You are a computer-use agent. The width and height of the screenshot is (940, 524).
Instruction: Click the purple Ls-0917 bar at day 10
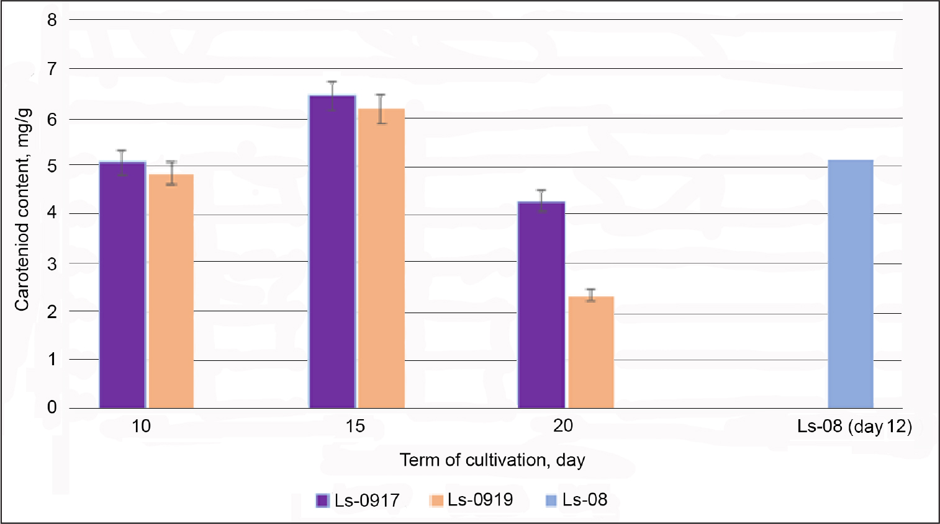coord(122,285)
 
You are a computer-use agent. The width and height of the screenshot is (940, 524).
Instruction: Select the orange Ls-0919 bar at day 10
coord(171,291)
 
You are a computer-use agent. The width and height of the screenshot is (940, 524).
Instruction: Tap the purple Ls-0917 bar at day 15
coord(332,251)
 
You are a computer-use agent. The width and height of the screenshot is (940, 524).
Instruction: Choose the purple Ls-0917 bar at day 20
coord(541,304)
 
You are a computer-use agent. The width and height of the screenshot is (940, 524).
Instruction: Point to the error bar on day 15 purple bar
coord(332,95)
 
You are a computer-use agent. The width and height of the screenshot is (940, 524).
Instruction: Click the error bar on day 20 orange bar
coord(590,295)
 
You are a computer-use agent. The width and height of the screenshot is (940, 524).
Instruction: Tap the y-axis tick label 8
coord(52,20)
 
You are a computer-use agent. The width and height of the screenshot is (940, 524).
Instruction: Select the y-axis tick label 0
coord(52,407)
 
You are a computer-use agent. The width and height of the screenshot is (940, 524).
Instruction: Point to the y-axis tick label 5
coord(52,166)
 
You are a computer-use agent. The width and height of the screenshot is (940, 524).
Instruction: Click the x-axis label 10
coord(141,426)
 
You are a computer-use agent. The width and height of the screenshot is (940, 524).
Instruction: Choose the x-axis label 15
coord(355,426)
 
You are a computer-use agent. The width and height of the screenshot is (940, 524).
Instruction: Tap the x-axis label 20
coord(563,426)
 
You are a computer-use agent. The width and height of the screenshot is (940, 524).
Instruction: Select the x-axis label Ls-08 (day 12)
coord(854,427)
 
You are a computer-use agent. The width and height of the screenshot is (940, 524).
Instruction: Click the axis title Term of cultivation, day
coord(492,460)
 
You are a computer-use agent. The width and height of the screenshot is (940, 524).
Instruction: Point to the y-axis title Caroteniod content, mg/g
coord(22,210)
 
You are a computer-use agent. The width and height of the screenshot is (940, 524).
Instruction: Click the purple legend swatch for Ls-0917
coord(322,500)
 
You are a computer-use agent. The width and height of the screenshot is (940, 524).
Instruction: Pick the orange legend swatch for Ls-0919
coord(437,500)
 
